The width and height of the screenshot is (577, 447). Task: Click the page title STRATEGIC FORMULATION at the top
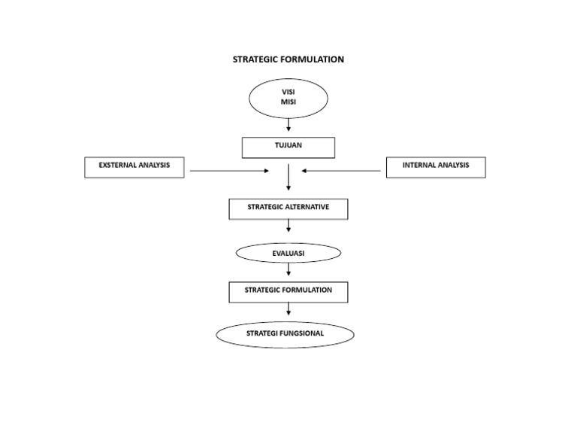pyautogui.click(x=288, y=59)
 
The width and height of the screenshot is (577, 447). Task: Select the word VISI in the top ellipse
pyautogui.click(x=288, y=92)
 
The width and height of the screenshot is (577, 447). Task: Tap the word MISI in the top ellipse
pyautogui.click(x=288, y=102)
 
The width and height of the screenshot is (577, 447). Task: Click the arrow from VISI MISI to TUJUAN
pyautogui.click(x=288, y=125)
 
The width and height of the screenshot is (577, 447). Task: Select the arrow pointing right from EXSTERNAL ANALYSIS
pyautogui.click(x=229, y=171)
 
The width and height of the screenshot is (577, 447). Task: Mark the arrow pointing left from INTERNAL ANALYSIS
pyautogui.click(x=341, y=171)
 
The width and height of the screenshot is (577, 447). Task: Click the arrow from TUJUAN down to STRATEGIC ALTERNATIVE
pyautogui.click(x=288, y=178)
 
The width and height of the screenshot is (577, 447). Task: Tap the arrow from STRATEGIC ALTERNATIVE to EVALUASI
pyautogui.click(x=288, y=226)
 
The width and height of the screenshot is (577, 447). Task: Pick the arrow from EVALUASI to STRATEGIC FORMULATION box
pyautogui.click(x=288, y=269)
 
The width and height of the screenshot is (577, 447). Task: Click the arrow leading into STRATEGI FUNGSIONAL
pyautogui.click(x=288, y=309)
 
